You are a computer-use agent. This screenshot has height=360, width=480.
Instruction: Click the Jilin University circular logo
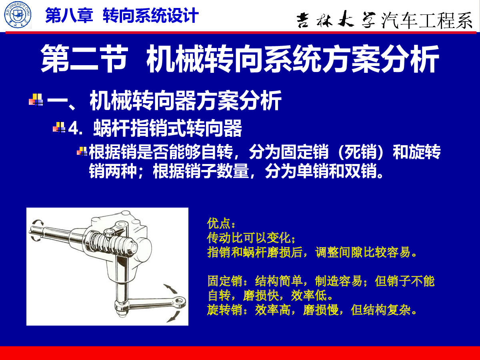click(18, 15)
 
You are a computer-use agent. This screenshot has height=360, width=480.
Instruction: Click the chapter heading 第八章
click(69, 16)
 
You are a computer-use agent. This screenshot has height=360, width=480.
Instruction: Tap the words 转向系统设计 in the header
click(151, 16)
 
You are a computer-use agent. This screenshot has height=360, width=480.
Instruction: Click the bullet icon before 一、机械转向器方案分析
click(36, 100)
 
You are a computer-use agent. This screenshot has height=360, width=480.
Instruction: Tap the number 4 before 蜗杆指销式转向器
click(73, 128)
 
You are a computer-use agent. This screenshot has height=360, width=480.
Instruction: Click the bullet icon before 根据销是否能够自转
click(82, 151)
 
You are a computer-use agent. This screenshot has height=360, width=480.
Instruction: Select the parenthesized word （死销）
click(361, 152)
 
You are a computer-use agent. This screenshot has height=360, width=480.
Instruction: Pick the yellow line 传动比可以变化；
click(251, 238)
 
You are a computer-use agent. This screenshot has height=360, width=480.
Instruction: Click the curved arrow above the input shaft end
click(37, 222)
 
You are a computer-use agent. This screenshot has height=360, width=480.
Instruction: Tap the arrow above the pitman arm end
click(171, 288)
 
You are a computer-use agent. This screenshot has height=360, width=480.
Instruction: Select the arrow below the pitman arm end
click(174, 317)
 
